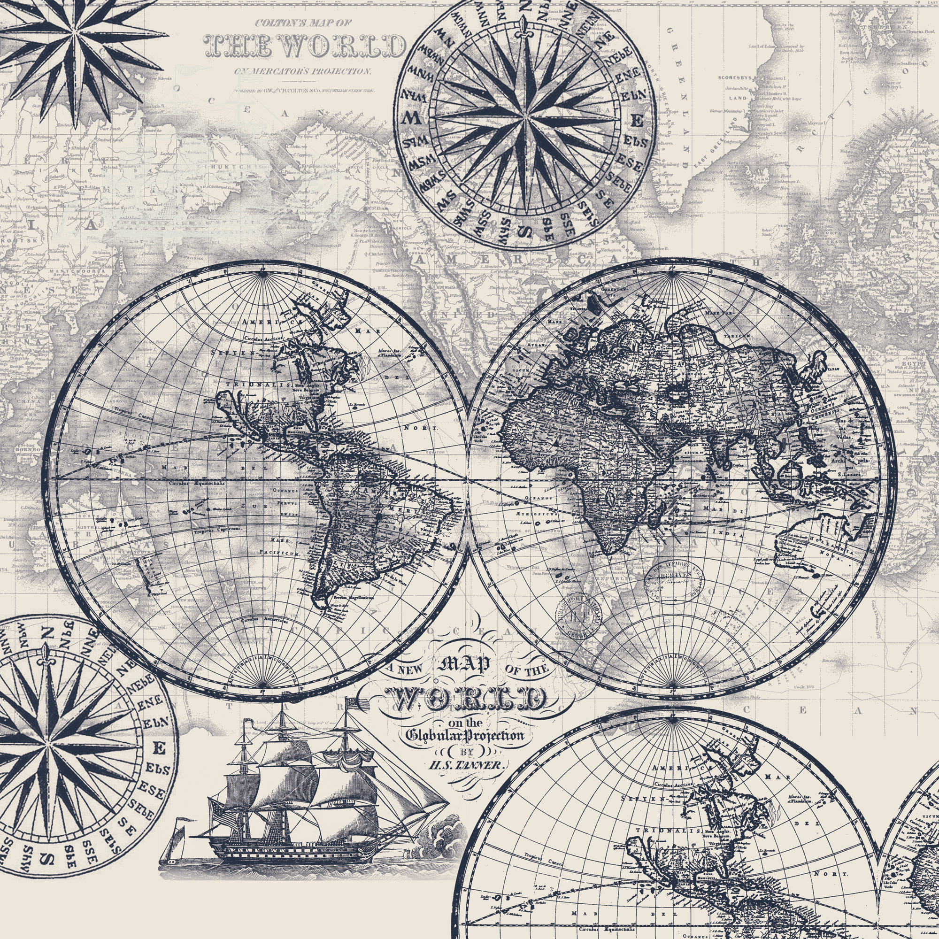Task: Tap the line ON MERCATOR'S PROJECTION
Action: (302, 71)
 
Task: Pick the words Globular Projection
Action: (465, 735)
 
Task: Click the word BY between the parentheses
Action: (466, 751)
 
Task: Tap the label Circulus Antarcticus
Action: (264, 621)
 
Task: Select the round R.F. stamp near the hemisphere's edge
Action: (578, 618)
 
